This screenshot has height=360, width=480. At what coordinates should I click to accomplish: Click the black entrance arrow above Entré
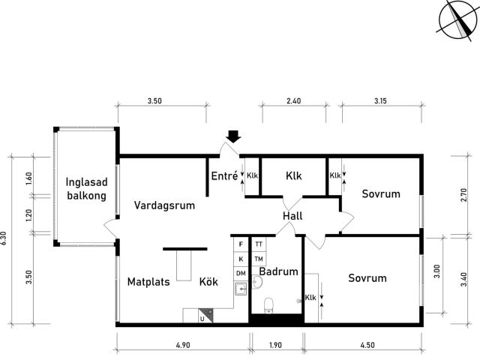234,136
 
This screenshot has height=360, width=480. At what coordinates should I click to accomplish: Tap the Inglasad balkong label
87,189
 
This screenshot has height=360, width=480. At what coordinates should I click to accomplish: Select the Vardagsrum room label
164,205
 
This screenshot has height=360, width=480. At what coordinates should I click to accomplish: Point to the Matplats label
148,282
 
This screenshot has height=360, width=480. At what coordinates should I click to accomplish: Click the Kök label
208,281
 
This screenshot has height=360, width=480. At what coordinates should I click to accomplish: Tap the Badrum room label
278,271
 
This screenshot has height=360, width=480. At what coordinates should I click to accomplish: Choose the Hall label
292,216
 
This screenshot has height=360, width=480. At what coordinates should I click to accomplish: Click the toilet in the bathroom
268,306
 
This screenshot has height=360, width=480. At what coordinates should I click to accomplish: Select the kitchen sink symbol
241,289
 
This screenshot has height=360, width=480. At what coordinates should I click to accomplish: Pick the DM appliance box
241,273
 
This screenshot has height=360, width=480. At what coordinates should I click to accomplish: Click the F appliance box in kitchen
241,244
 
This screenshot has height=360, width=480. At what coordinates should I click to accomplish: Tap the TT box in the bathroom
259,244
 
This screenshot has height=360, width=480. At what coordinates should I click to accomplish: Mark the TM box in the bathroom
259,259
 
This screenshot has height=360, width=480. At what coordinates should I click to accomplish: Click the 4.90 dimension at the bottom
183,345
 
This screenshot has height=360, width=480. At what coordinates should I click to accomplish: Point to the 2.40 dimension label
293,100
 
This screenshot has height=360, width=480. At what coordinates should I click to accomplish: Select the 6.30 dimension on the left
3,238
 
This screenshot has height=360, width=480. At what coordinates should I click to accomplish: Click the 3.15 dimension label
380,100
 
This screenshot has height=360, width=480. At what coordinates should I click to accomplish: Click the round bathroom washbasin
257,282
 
